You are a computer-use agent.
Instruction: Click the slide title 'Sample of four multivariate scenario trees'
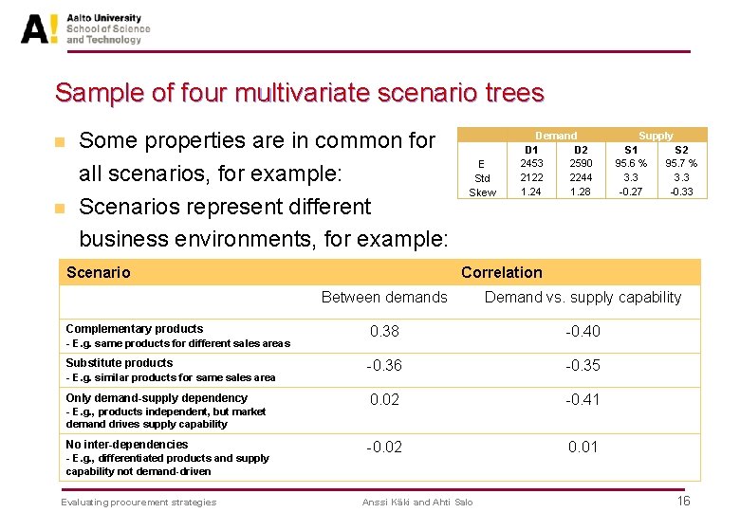coord(299,93)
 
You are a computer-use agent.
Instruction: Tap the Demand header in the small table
coord(556,136)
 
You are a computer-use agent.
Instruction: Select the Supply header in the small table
coord(656,136)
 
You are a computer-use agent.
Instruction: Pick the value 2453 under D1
coord(531,163)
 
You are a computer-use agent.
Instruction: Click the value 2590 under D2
coord(581,163)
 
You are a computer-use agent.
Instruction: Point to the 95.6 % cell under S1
coord(631,163)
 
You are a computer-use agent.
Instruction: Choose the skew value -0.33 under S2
coord(681,192)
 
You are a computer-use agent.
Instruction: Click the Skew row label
coord(482,192)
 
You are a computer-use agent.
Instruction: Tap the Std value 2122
coord(531,177)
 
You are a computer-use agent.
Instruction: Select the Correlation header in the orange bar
coord(501,272)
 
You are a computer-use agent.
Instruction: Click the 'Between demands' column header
coord(384,298)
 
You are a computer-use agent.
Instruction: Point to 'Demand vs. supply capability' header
coord(583,298)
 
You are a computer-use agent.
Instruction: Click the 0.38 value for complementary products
coord(384,331)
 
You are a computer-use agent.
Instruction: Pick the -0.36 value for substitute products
coord(384,365)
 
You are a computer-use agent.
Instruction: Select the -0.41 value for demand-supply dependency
coord(583,399)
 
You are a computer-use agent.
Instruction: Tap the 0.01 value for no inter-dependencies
coord(583,447)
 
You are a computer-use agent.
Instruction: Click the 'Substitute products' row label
coord(120,363)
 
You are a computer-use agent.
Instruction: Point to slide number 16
coord(683,501)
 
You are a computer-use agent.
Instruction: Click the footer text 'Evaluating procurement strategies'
coord(139,502)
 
